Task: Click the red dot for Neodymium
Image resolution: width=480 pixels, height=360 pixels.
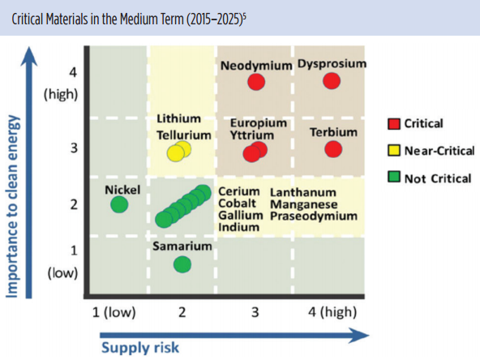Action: [256, 82]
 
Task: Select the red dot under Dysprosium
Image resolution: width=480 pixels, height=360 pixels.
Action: [332, 81]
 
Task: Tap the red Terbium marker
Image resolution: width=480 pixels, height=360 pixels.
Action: [333, 149]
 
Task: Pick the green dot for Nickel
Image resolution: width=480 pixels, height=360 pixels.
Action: [119, 204]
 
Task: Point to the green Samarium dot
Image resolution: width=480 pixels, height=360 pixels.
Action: [182, 264]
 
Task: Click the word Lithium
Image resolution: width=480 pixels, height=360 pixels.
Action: [178, 118]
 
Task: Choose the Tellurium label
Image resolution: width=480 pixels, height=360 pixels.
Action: [184, 135]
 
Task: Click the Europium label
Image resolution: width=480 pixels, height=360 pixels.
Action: [259, 123]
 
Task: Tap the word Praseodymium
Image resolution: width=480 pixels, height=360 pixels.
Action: [314, 216]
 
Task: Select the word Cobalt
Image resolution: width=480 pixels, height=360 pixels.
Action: [238, 204]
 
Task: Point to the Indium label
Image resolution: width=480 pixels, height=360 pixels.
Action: [238, 227]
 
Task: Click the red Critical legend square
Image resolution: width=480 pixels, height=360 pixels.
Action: [394, 124]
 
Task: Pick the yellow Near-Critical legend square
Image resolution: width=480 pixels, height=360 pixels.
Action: [394, 150]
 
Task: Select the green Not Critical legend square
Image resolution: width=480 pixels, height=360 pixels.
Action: [394, 177]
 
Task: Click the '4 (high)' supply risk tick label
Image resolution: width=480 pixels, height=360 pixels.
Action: [332, 312]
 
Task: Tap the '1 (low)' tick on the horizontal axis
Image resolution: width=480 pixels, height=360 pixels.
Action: [114, 312]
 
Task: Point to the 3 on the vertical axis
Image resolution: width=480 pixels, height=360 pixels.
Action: [74, 148]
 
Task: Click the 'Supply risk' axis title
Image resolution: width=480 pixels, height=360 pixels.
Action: [140, 348]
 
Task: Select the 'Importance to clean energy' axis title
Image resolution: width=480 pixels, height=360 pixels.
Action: [12, 206]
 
